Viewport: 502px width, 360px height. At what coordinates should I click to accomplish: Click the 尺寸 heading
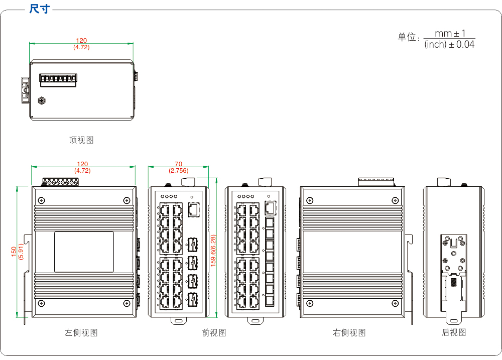[39, 9]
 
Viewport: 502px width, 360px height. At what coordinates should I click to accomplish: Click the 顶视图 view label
[81, 140]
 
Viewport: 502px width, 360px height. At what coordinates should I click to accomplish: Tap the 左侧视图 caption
[81, 332]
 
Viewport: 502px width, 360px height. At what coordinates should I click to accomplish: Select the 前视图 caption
[214, 332]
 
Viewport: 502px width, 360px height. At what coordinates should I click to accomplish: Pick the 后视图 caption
[454, 332]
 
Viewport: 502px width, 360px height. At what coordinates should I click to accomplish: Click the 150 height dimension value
[14, 251]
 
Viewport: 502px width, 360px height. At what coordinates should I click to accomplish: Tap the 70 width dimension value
[178, 164]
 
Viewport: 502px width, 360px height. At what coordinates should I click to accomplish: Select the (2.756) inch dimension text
[179, 171]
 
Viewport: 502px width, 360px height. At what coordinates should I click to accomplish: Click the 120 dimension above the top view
[81, 41]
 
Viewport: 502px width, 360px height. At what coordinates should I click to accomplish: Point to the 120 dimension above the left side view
[82, 164]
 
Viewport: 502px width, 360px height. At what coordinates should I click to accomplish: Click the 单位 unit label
[407, 38]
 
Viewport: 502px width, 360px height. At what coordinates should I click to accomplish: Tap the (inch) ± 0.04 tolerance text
[449, 44]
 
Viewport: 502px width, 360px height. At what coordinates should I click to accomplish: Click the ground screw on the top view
[42, 101]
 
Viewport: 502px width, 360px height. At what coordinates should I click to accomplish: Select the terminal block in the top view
[58, 79]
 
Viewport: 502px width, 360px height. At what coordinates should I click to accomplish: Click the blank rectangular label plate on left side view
[84, 252]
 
